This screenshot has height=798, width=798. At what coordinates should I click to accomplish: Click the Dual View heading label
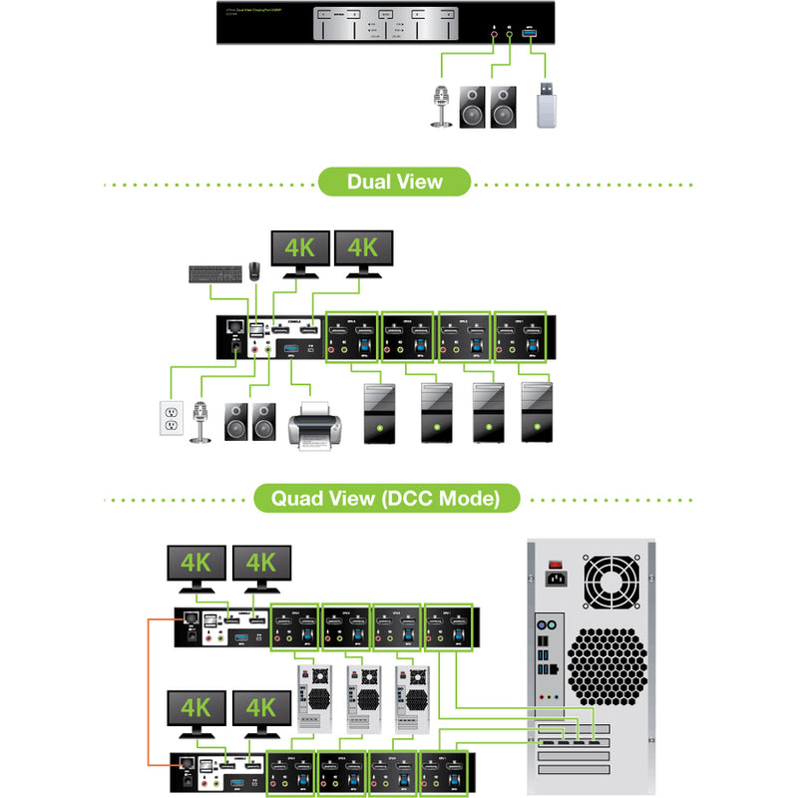click(x=394, y=183)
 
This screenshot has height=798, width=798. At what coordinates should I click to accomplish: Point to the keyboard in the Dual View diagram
click(x=215, y=272)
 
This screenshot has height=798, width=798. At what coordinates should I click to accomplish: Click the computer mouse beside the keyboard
click(x=255, y=269)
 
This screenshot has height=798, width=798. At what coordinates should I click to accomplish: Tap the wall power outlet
click(x=171, y=418)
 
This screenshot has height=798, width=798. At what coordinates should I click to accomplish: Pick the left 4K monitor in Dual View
click(x=300, y=249)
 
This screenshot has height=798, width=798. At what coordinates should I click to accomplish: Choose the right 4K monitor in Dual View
click(x=363, y=249)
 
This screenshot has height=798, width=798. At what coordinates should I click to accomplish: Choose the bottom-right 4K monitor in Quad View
click(x=260, y=713)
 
